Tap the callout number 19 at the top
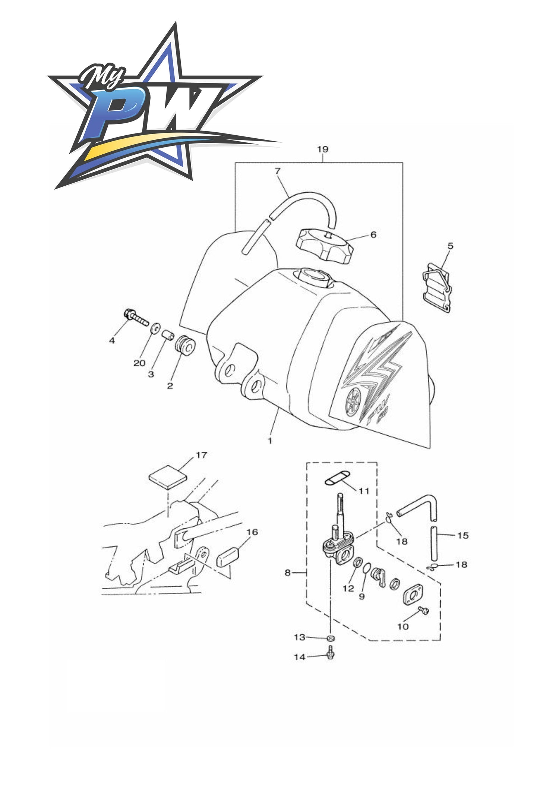(323, 149)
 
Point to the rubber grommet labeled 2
(186, 347)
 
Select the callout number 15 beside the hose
(463, 535)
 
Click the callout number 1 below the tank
(270, 441)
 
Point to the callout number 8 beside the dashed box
(287, 572)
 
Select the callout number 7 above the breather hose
(277, 171)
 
